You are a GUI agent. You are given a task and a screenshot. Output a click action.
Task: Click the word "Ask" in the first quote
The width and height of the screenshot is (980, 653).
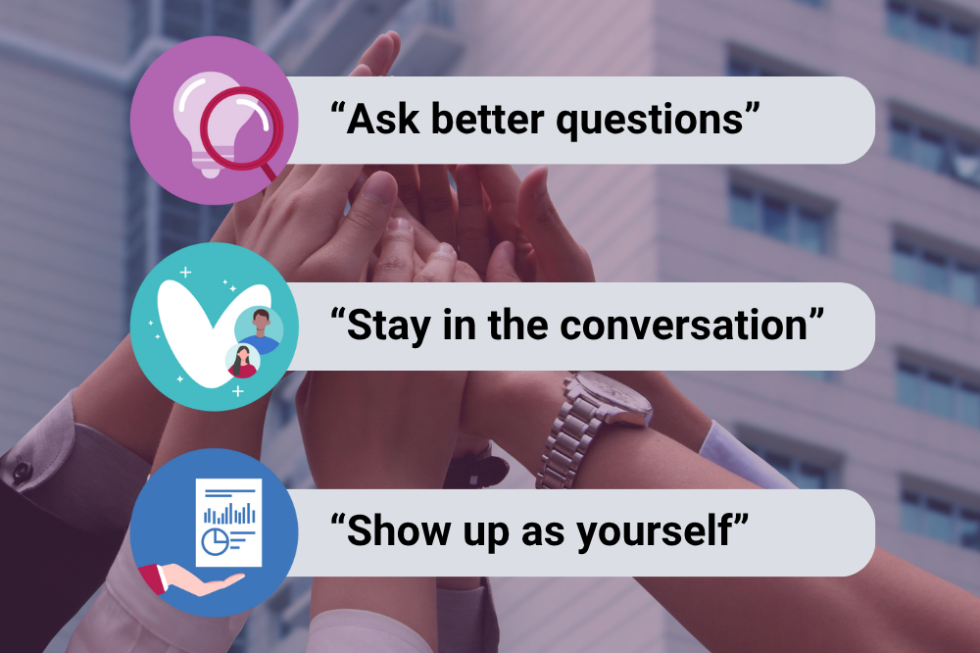click(383, 119)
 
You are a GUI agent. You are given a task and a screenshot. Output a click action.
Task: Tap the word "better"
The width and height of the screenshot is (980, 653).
click(487, 119)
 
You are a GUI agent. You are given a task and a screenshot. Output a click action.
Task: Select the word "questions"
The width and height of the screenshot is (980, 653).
click(650, 122)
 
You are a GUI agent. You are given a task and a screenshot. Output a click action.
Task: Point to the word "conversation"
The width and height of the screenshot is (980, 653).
click(684, 326)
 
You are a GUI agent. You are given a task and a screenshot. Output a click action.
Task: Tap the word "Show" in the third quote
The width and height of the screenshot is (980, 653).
click(398, 530)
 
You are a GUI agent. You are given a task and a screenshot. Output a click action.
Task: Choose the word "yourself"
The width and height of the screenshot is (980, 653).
click(654, 532)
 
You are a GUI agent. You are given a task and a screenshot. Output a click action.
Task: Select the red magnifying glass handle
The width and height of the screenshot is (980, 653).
click(269, 172)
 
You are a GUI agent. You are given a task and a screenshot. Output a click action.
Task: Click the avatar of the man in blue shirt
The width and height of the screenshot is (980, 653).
click(259, 330)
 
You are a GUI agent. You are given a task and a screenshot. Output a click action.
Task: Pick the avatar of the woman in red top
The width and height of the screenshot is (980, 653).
click(242, 362)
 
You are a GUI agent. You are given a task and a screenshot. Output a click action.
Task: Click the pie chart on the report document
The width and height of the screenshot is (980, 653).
click(216, 541)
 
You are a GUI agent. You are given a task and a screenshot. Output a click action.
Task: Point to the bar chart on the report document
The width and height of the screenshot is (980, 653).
click(229, 512)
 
